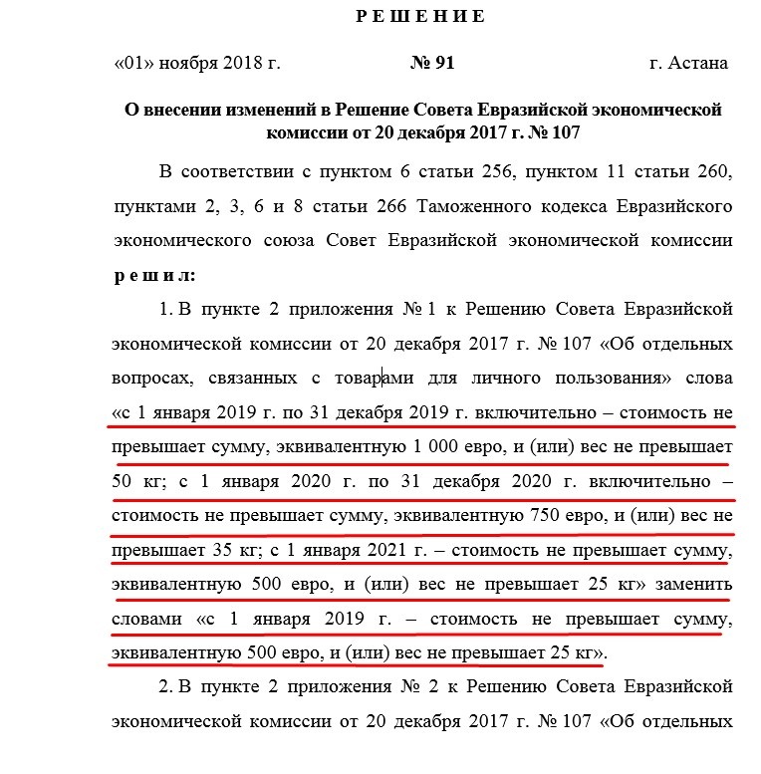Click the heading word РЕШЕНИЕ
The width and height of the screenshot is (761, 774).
(420, 16)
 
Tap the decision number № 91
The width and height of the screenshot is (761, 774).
(432, 63)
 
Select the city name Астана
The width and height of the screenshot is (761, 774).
(700, 63)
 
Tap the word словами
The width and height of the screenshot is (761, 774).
(147, 620)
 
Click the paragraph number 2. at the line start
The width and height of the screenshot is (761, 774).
(167, 687)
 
